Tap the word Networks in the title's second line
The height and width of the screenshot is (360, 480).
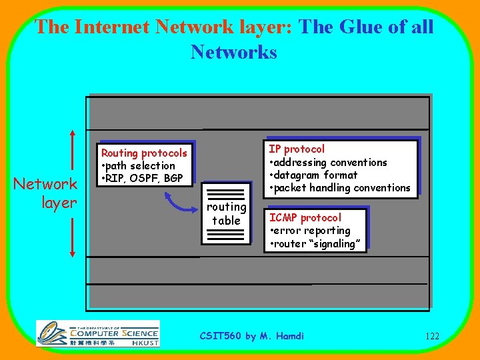coord(233,51)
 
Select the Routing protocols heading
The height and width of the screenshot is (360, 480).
coord(144,153)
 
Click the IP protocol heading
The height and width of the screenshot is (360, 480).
coord(297,149)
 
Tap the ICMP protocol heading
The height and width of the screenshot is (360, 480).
coord(305,217)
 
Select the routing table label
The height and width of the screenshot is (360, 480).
coord(227,213)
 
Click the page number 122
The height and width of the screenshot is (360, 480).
coord(431,336)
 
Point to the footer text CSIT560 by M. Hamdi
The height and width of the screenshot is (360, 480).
coord(252,335)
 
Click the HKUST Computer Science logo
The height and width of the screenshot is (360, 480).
coord(97,333)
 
